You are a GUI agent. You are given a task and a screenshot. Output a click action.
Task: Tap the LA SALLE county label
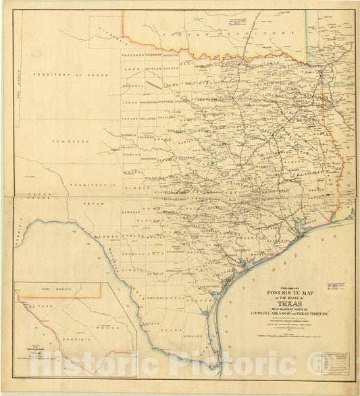pos(156,273)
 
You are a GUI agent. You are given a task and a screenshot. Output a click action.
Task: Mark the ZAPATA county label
pos(153,323)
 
